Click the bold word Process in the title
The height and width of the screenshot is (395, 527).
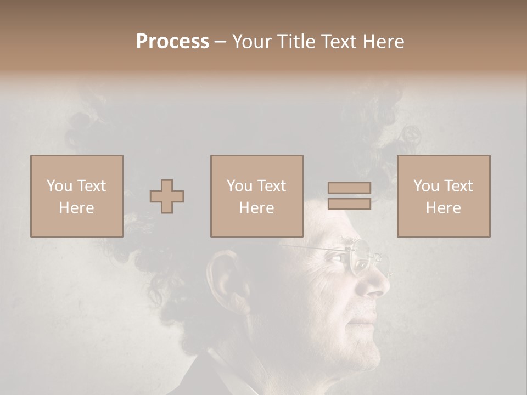pyautogui.click(x=172, y=41)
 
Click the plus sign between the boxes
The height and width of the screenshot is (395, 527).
pyautogui.click(x=167, y=196)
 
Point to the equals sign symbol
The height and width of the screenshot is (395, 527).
pyautogui.click(x=349, y=196)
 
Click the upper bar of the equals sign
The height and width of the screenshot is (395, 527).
pyautogui.click(x=349, y=188)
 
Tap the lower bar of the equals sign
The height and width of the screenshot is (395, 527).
pyautogui.click(x=349, y=204)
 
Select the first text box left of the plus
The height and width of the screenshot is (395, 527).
pyautogui.click(x=76, y=196)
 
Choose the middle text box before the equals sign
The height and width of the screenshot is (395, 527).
pyautogui.click(x=256, y=196)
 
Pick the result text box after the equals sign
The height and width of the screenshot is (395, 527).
pyautogui.click(x=443, y=196)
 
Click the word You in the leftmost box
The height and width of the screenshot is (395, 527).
pyautogui.click(x=58, y=186)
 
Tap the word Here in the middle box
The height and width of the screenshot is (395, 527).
pyautogui.click(x=256, y=207)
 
